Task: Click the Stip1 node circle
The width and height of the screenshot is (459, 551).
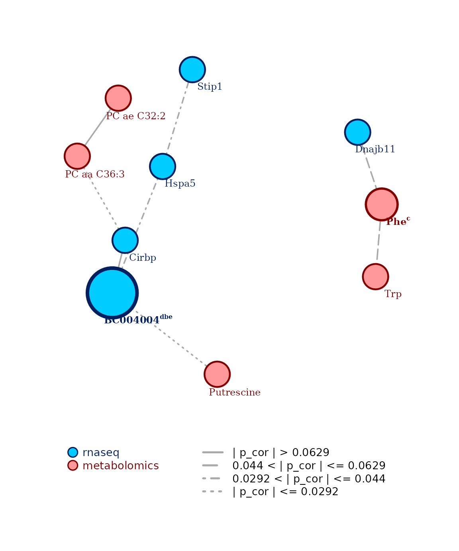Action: click(192, 69)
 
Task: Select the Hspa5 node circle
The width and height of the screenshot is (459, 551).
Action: click(163, 166)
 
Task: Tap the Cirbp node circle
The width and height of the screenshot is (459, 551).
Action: click(125, 240)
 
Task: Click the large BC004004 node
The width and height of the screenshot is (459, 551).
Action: click(112, 293)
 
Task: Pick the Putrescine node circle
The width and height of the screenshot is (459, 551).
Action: click(217, 374)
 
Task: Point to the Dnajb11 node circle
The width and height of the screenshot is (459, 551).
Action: click(357, 132)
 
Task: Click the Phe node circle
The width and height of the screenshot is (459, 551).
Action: click(382, 204)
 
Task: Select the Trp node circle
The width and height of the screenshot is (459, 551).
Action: click(375, 276)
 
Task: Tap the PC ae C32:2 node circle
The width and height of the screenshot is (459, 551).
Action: click(118, 98)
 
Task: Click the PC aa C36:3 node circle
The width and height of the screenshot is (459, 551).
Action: click(77, 156)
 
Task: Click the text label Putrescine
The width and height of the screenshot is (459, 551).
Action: click(235, 393)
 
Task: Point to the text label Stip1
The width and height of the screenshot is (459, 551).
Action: click(210, 87)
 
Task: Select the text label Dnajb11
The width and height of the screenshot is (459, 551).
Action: click(375, 150)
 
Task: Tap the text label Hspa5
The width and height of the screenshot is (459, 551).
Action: click(180, 184)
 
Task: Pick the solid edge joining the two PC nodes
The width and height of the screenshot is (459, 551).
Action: click(98, 127)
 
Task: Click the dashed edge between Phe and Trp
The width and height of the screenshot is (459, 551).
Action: click(379, 242)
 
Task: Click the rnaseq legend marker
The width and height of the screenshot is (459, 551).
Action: click(73, 452)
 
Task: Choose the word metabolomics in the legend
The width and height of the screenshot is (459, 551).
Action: click(120, 466)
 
